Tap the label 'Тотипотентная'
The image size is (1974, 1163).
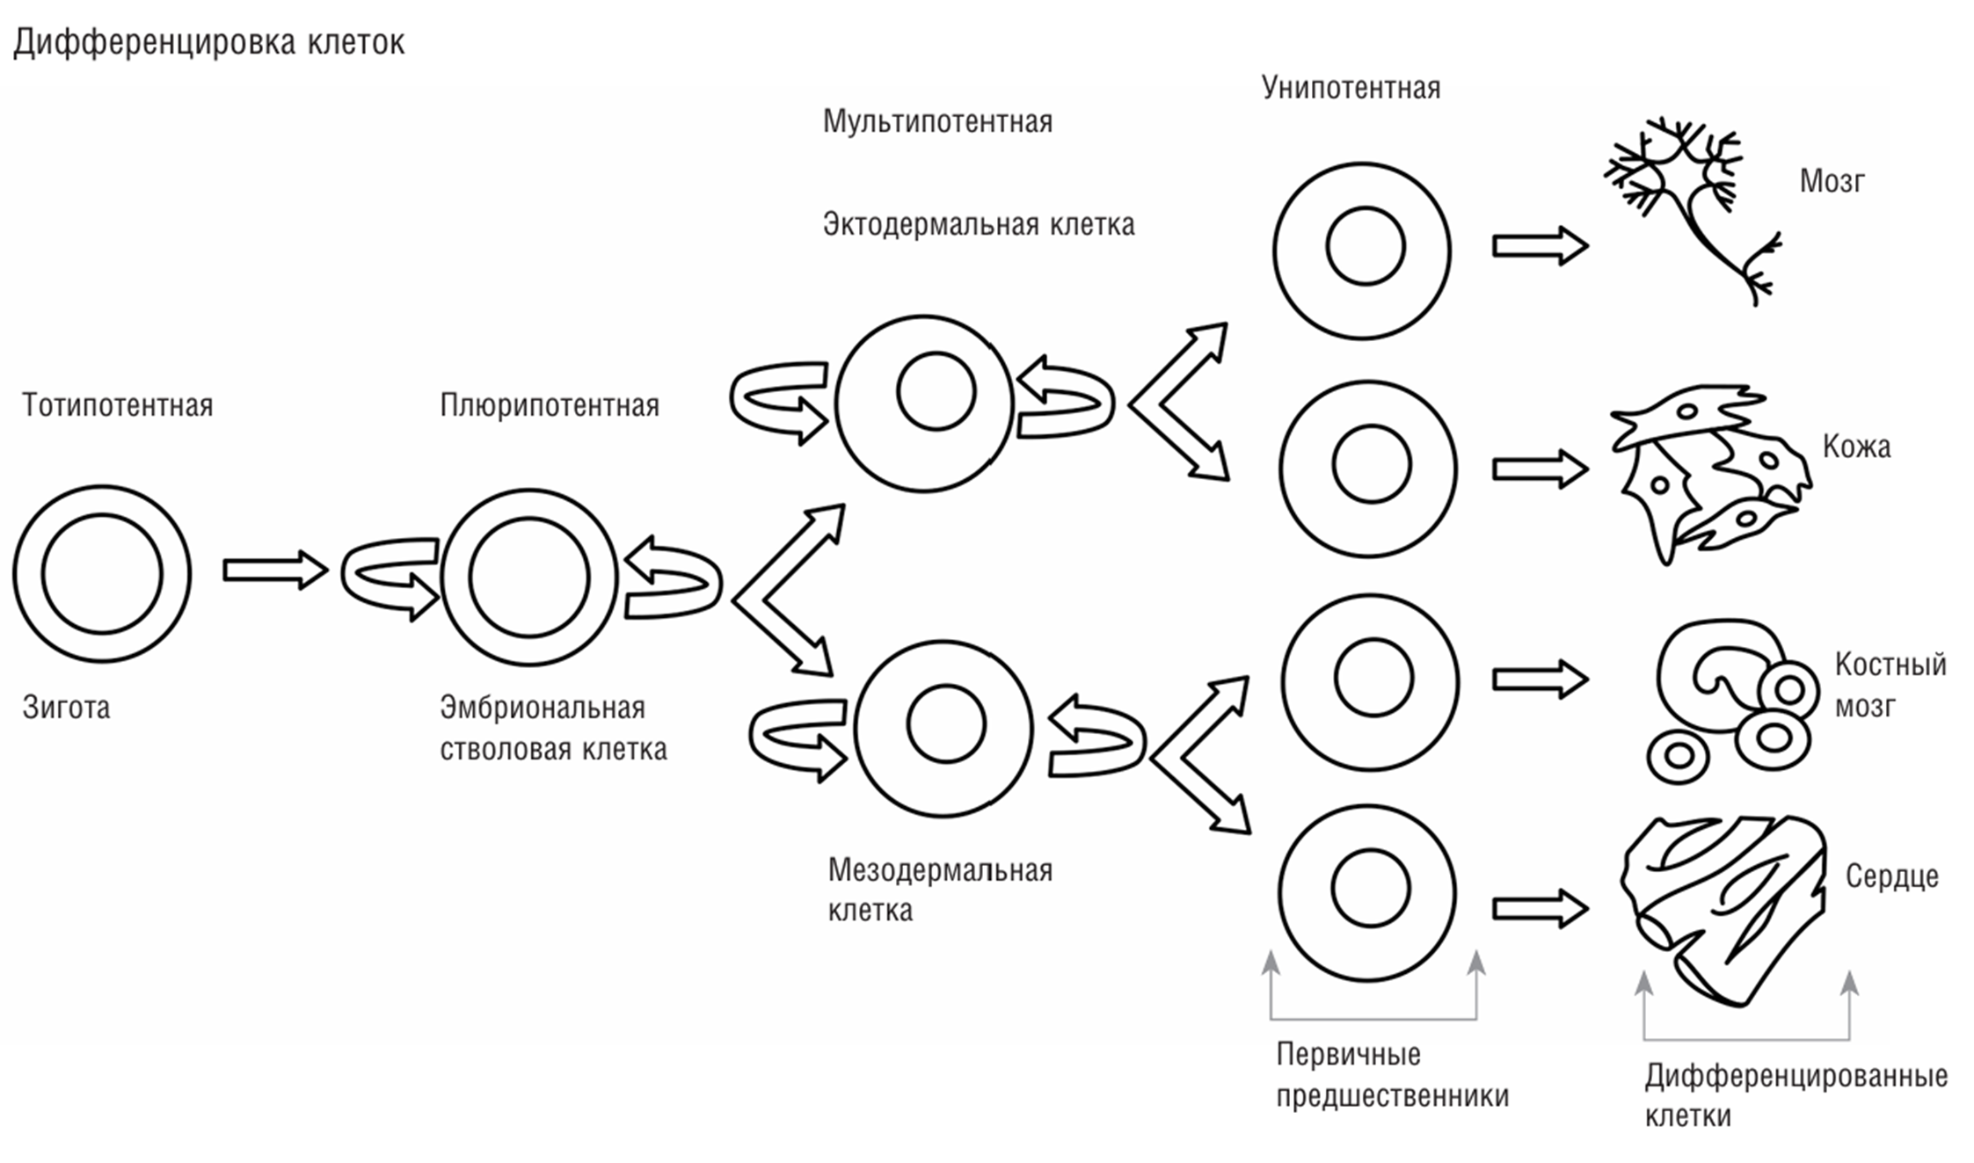point(118,405)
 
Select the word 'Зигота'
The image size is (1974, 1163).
point(67,708)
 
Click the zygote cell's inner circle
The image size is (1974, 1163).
point(102,574)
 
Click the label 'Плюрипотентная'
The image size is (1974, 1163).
point(550,405)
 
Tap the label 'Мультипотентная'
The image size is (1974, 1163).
point(937,121)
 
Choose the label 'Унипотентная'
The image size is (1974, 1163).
point(1351,88)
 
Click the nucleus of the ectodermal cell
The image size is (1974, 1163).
point(936,391)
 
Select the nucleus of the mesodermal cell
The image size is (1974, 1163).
point(946,724)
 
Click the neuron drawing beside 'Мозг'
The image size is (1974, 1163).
point(1688,207)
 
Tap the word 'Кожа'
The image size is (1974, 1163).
point(1856,447)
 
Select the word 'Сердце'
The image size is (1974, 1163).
point(1891,876)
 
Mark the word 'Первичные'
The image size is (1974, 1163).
point(1348,1054)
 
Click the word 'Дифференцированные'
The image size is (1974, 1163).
point(1796,1076)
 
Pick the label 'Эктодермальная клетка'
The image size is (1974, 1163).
point(978,225)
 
